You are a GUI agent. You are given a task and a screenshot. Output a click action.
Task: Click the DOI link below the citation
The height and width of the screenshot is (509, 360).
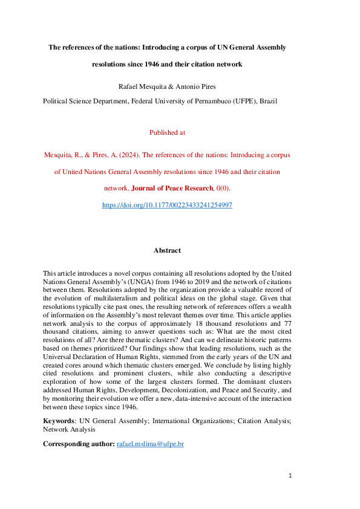coord(167,206)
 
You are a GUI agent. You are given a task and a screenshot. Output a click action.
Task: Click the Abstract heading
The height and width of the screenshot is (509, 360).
coord(167,250)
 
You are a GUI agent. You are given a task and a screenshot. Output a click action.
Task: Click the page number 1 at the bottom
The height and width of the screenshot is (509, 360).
coord(290,476)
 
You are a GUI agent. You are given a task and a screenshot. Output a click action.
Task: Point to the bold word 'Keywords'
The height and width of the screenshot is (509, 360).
coord(59,421)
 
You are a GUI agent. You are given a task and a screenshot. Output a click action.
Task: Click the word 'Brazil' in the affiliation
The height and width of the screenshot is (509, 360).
coord(269,101)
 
